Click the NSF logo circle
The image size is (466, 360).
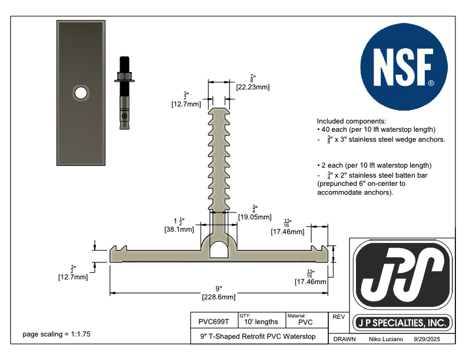coord(404,67)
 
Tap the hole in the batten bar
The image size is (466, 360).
coord(81,93)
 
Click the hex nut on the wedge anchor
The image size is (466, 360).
coord(125,76)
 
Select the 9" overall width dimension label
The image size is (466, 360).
coord(219,289)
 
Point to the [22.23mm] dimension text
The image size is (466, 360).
coord(253,87)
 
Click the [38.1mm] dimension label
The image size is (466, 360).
coord(179,229)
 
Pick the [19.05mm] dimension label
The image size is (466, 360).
coord(255,217)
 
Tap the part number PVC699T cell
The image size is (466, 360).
coord(214,322)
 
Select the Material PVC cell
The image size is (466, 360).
coord(307,321)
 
